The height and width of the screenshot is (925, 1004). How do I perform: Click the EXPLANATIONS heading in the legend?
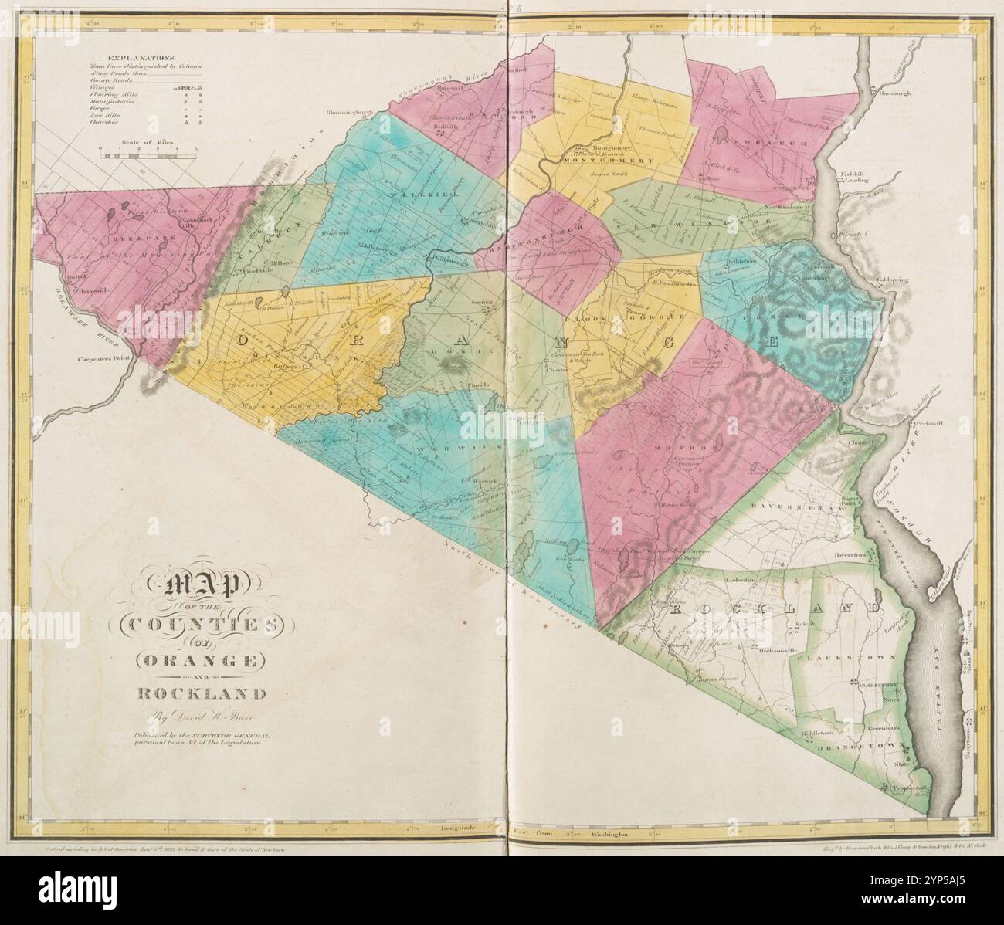pyautogui.click(x=141, y=59)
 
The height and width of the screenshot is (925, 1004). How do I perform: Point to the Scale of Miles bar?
pyautogui.click(x=148, y=155)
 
